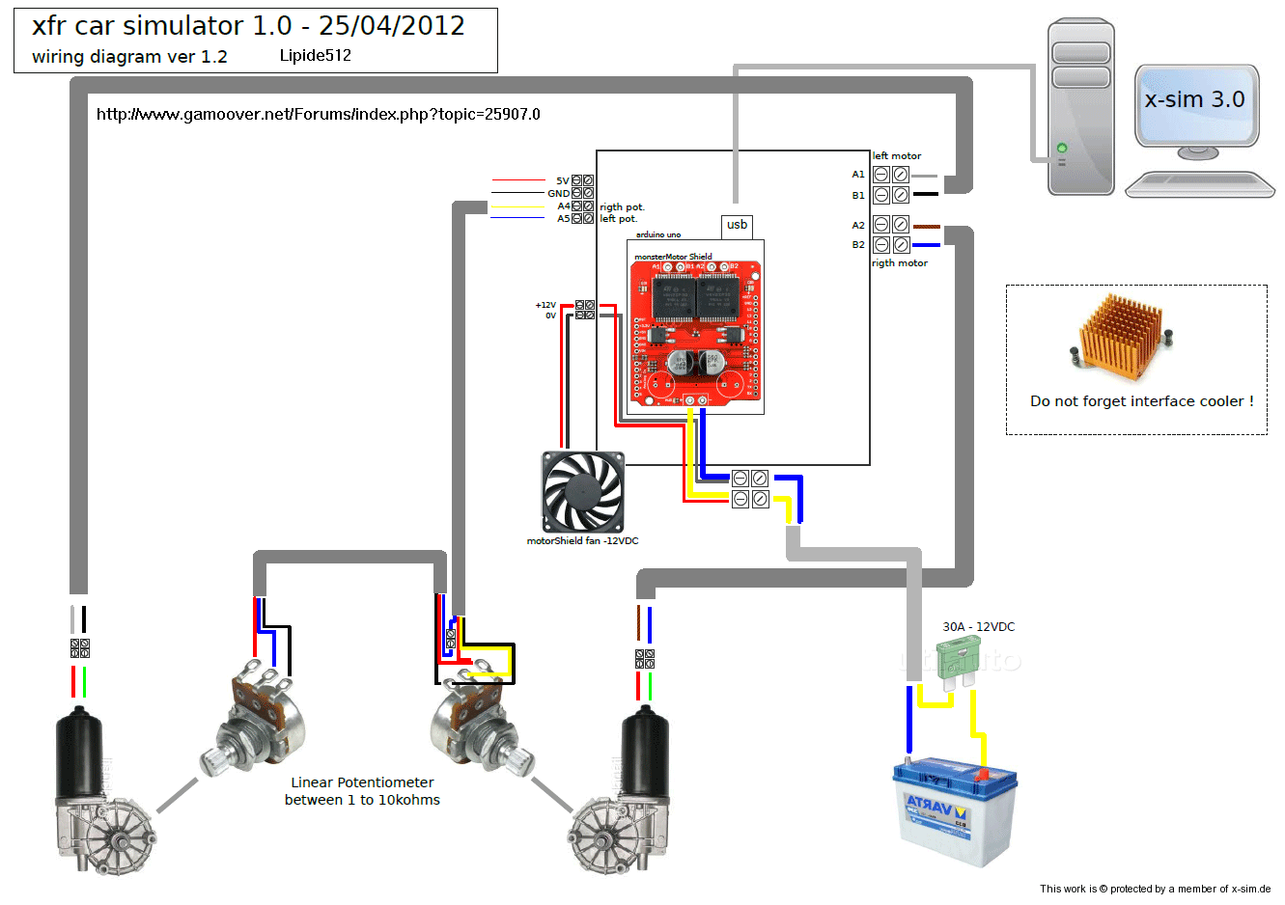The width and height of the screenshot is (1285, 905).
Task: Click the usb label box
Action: tap(737, 226)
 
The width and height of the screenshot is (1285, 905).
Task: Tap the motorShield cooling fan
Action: tap(582, 492)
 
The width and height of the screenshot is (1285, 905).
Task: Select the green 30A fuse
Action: tap(958, 661)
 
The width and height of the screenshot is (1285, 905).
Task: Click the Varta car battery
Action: tap(955, 810)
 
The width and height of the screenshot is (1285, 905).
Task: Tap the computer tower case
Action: tap(1080, 107)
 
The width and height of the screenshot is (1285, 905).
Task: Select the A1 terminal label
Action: tap(858, 175)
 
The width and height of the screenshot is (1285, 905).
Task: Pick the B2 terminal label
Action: tap(858, 245)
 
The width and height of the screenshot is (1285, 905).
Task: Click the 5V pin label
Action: tap(562, 180)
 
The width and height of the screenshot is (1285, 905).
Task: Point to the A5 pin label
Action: tap(563, 218)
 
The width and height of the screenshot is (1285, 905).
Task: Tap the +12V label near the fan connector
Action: tap(545, 305)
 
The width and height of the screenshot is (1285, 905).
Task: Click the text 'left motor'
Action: tap(897, 155)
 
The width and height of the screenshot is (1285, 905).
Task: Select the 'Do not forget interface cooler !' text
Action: tap(1141, 401)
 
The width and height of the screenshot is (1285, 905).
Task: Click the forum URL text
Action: tap(319, 115)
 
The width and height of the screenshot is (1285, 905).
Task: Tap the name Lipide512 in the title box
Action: tap(315, 56)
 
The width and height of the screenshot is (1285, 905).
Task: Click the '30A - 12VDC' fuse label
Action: tap(978, 627)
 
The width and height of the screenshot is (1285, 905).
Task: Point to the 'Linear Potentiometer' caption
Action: tap(362, 782)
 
